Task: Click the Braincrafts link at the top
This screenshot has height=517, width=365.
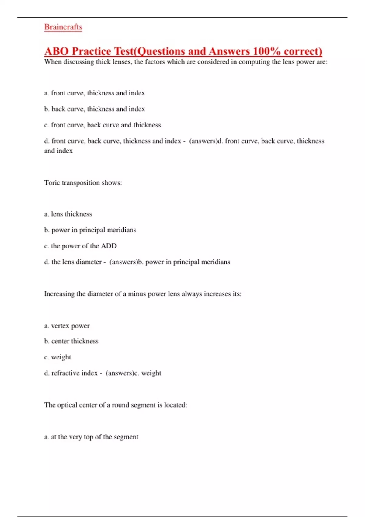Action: pyautogui.click(x=63, y=27)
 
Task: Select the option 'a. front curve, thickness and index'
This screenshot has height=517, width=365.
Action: pyautogui.click(x=94, y=93)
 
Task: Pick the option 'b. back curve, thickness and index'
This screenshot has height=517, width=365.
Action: pyautogui.click(x=94, y=109)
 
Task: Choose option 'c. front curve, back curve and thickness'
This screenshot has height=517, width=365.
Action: pyautogui.click(x=102, y=125)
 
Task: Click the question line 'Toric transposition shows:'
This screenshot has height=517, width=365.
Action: pyautogui.click(x=83, y=183)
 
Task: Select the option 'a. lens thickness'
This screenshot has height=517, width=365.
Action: pyautogui.click(x=68, y=214)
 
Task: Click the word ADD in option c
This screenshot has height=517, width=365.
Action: pyautogui.click(x=109, y=246)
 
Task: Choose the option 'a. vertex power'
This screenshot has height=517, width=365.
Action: pyautogui.click(x=67, y=326)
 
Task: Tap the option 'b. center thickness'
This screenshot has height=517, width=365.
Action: pyautogui.click(x=71, y=341)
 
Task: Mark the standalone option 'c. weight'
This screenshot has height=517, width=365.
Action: pyautogui.click(x=57, y=357)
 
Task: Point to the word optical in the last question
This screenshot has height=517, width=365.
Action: pyautogui.click(x=67, y=405)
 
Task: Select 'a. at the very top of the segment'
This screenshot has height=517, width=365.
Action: pyautogui.click(x=91, y=437)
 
